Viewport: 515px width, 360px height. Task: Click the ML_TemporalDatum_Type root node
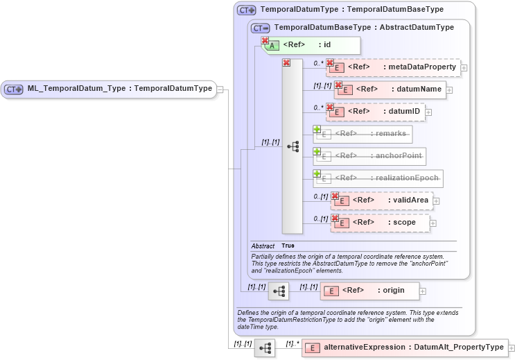[x=110, y=89]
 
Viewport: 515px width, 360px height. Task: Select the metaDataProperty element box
[x=393, y=67]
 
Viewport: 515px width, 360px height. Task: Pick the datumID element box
[x=376, y=112]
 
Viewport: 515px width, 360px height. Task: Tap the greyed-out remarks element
[x=363, y=134]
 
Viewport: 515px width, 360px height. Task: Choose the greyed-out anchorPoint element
[x=369, y=156]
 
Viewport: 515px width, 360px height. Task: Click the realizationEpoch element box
[x=378, y=178]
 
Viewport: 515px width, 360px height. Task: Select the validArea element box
[x=382, y=200]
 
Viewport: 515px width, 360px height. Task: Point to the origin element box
[x=369, y=291]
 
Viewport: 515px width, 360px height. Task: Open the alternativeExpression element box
[x=404, y=347]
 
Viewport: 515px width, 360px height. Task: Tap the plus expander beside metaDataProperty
[x=464, y=68]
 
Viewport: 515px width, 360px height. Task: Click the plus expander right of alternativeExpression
[x=512, y=348]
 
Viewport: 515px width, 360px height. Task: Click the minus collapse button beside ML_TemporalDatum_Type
[x=220, y=89]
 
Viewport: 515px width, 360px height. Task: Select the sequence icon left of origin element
[x=279, y=291]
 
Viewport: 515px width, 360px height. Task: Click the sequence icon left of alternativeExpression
[x=264, y=348]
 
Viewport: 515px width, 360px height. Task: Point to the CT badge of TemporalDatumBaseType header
[x=261, y=28]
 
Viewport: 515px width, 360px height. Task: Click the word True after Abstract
[x=288, y=246]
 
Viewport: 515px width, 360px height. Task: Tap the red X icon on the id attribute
[x=264, y=41]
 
